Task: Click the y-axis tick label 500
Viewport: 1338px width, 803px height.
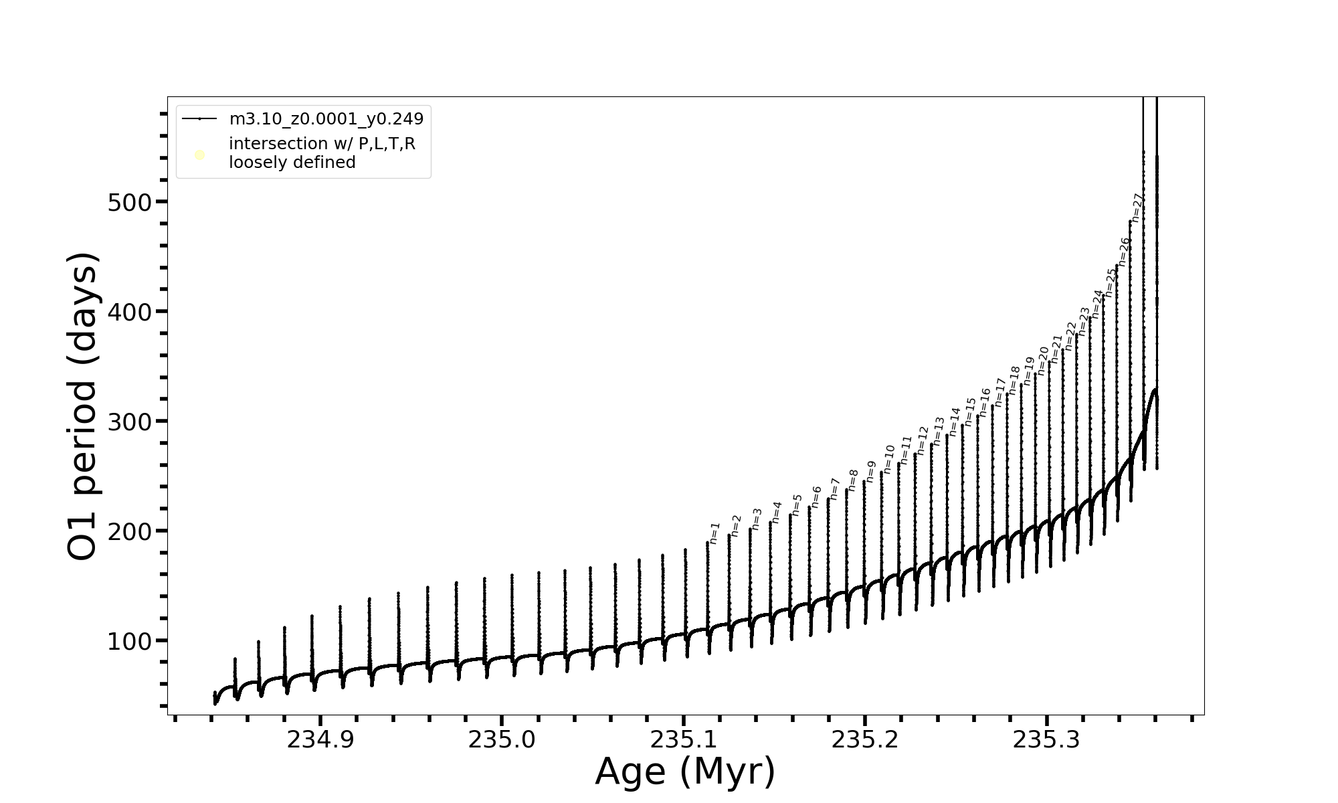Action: [x=130, y=202]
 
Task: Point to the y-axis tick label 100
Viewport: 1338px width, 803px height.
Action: [x=130, y=641]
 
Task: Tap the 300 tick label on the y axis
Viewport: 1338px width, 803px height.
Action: [x=130, y=422]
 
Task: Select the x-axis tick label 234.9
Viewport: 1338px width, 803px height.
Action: [x=320, y=740]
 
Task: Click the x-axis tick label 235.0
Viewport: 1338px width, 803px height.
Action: [x=502, y=740]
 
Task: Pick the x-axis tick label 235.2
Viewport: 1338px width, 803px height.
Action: [x=865, y=740]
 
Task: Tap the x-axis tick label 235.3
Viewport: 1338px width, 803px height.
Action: [x=1046, y=740]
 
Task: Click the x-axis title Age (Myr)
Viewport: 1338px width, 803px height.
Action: [x=685, y=772]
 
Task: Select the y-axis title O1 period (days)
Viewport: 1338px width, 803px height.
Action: [x=83, y=406]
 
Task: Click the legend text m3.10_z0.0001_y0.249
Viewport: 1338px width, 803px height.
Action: [x=326, y=119]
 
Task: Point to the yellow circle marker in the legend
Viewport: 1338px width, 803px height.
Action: [x=199, y=155]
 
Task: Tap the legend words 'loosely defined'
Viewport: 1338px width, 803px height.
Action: [x=292, y=163]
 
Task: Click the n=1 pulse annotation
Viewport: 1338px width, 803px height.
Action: [x=714, y=533]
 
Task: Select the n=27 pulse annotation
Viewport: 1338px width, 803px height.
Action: [x=1137, y=207]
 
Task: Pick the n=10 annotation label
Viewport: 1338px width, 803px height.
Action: [x=889, y=459]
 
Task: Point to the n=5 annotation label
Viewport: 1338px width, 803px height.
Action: [x=797, y=505]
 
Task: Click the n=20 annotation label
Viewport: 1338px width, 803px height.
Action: [x=1043, y=361]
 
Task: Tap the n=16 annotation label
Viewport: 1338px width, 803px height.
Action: [x=985, y=402]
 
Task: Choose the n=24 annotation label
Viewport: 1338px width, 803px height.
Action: [x=1097, y=304]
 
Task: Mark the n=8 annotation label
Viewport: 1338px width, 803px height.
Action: [x=853, y=480]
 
